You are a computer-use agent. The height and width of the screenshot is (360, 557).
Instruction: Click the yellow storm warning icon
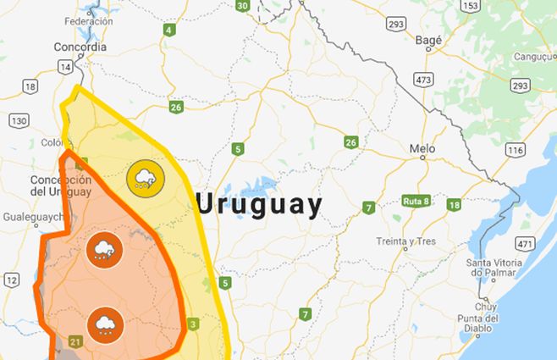coord(144,179)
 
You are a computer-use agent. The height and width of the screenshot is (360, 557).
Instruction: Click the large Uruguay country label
coord(259,205)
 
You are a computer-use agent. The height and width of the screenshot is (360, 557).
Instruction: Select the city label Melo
coord(422,148)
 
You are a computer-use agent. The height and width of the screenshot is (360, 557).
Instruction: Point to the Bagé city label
coord(429,39)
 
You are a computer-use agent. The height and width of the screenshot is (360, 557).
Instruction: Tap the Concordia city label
coord(80,47)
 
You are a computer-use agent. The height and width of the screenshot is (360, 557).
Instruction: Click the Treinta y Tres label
coord(406,241)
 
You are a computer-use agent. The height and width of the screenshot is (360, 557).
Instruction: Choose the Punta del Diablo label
coord(485,324)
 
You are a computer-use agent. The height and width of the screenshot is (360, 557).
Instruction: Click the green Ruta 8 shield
coord(416,201)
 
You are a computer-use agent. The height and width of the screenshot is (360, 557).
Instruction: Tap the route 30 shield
coord(243,6)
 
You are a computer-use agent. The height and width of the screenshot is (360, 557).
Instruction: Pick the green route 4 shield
coord(168,30)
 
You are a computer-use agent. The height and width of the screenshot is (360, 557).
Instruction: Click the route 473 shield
coord(423,79)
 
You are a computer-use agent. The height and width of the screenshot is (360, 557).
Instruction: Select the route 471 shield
coord(524,244)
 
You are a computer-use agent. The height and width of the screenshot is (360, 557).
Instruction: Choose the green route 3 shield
coord(193,324)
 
